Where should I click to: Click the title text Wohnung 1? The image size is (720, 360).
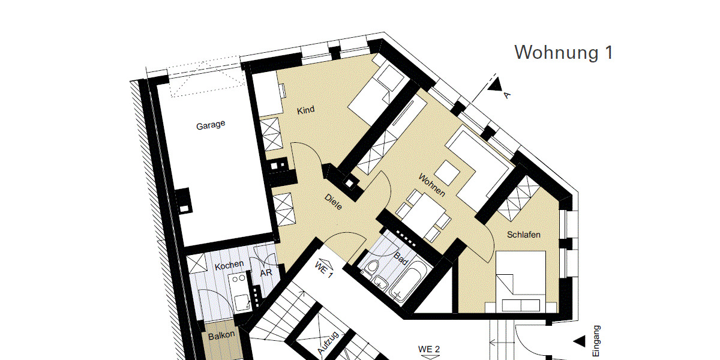563,53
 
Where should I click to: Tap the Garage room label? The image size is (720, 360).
211,125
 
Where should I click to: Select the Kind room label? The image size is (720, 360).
305,110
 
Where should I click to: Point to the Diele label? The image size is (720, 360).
333,202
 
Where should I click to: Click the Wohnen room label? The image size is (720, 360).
432,185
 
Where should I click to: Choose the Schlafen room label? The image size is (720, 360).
523,235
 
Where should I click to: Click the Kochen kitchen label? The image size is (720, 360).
229,265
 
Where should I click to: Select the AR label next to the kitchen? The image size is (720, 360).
266,273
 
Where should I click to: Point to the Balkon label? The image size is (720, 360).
221,337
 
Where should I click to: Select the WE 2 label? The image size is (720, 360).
429,349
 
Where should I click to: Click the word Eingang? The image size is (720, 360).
596,341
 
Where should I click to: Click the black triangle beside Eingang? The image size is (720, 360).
578,341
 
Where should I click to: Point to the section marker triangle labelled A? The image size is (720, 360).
494,85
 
